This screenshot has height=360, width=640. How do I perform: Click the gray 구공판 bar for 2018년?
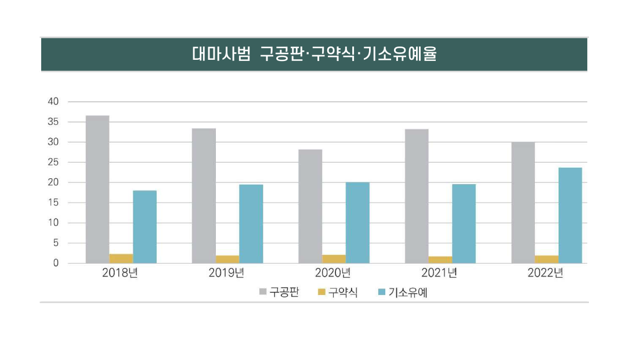point(97,189)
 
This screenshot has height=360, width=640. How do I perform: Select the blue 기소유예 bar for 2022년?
point(570,215)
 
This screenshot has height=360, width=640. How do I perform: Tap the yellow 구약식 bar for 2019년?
point(227,259)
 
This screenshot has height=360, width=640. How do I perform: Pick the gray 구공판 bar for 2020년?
point(310,206)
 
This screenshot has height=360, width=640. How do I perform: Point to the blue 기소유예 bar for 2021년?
point(464,224)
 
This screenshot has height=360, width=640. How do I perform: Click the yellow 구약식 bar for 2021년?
point(440,260)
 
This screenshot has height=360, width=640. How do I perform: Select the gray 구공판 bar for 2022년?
point(523,203)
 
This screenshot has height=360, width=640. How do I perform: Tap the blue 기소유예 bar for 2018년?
point(144,226)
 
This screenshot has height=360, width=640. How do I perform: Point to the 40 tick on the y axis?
point(53,102)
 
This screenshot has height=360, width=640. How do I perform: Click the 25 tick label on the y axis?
point(53,163)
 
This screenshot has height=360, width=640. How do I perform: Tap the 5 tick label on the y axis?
point(56,243)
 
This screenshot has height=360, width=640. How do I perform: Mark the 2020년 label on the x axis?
point(333,273)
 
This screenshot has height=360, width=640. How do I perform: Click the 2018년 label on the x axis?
point(120,273)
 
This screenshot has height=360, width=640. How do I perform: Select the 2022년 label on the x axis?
point(545,273)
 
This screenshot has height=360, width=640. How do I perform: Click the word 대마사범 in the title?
point(220,54)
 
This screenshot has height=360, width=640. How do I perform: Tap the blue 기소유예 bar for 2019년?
point(251,224)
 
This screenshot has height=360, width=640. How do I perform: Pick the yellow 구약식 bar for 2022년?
point(547,259)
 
